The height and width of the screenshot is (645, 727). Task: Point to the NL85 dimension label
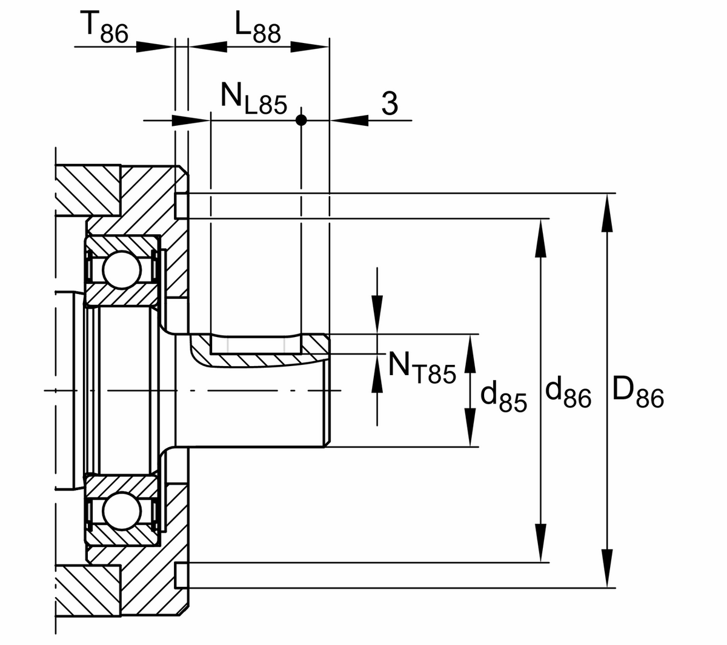point(254,99)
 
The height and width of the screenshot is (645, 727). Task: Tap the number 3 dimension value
point(390,103)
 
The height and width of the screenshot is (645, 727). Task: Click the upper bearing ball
point(122,270)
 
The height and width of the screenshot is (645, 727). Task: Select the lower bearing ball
point(122,511)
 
